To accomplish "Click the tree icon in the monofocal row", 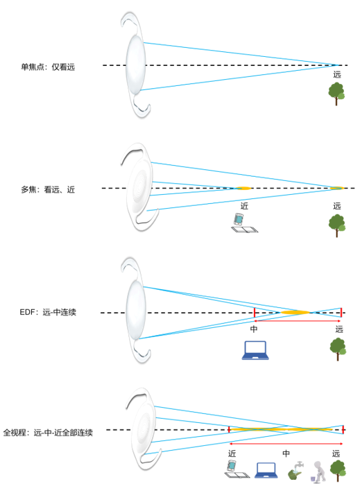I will pos(336,92).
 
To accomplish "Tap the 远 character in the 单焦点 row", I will pos(337,74).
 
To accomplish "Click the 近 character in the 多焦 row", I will pos(244,206).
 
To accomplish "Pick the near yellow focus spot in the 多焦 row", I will pos(243,188).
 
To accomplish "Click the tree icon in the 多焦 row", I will pos(336,225).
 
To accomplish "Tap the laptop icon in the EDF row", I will pos(255,351).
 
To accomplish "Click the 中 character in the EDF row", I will pos(254,329).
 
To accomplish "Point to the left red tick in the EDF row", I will pos(255,312).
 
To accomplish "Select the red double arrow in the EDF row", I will pos(298,321).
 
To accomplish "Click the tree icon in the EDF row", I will pos(338,347).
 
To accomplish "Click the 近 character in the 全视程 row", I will pos(232,453).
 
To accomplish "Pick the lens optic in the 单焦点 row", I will pos(135,65).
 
